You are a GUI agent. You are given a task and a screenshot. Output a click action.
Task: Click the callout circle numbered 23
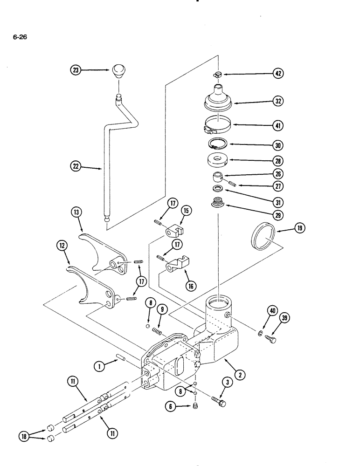point(76,70)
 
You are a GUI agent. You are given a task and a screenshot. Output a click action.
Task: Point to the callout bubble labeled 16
point(191,286)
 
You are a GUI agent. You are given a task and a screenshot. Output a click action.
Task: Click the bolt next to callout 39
point(270,339)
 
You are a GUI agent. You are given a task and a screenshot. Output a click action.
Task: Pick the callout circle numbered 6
point(170,407)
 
